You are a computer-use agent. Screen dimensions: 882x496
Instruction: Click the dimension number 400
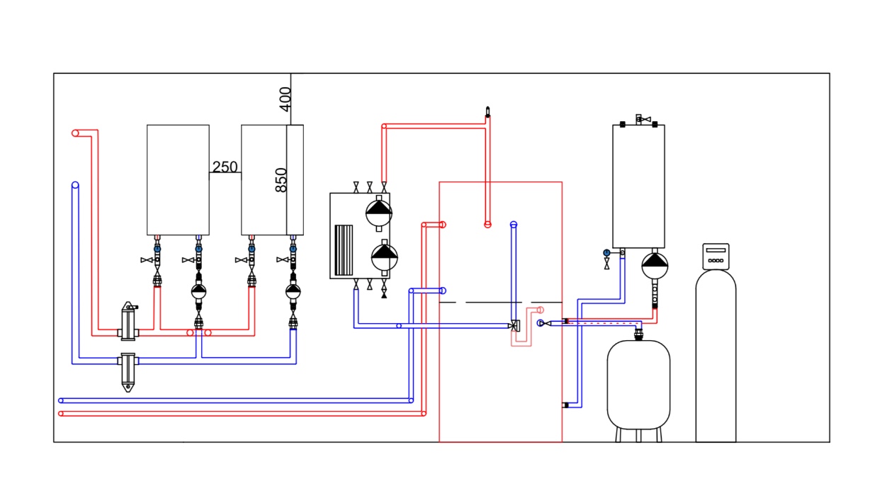(285, 99)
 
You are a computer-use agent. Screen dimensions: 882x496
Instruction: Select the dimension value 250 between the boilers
(225, 167)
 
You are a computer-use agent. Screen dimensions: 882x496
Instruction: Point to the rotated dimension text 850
(281, 180)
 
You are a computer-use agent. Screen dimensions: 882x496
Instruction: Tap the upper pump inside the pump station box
(379, 213)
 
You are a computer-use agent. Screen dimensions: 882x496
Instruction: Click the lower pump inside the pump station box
(384, 257)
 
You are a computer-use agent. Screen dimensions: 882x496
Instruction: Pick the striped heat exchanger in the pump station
(344, 250)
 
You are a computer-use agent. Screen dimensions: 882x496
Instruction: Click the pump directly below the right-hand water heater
(655, 266)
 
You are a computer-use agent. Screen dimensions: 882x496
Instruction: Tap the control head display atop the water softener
(716, 256)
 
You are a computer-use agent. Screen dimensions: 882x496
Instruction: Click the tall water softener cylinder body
(716, 356)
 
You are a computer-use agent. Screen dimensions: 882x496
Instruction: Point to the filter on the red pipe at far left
(128, 322)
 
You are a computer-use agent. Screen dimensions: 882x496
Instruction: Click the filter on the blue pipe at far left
(128, 372)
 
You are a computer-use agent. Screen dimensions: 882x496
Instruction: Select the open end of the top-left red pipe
(75, 133)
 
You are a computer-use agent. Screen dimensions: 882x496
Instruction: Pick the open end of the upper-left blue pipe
(75, 185)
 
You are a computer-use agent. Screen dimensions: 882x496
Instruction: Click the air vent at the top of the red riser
(487, 112)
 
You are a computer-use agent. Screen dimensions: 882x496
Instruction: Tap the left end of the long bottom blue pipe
(61, 400)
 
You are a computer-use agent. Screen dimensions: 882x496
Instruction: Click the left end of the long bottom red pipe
(61, 414)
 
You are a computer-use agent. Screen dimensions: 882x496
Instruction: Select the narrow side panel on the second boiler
(295, 180)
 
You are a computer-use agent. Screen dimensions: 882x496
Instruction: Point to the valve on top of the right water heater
(643, 119)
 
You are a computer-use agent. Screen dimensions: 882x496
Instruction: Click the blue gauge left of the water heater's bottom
(606, 252)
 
